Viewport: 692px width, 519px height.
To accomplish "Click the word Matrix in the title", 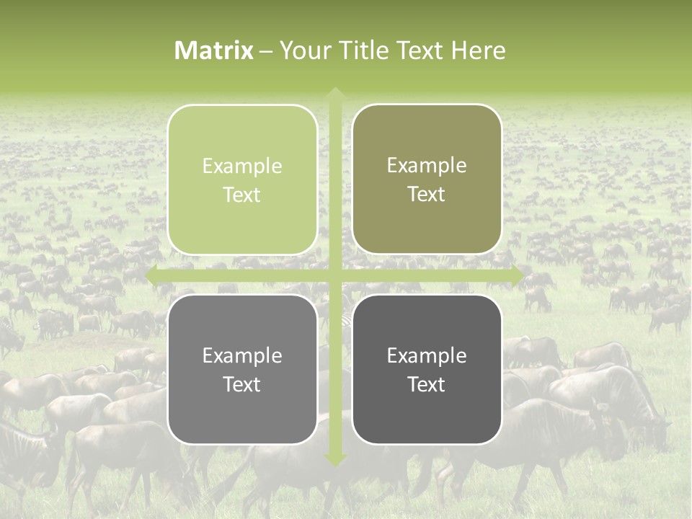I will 214,50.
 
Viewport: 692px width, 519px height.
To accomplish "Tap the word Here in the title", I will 479,50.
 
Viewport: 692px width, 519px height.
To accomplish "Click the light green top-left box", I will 242,179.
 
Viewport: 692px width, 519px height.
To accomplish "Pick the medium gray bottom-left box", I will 242,369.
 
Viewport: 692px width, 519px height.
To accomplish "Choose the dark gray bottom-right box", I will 427,369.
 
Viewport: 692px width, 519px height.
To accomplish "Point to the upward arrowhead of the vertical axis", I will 335,94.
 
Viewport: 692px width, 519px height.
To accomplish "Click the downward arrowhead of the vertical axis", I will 335,459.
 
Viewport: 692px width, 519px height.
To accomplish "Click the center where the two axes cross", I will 335,275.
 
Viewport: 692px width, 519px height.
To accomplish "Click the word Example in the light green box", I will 242,166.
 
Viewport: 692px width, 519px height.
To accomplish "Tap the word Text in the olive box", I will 427,194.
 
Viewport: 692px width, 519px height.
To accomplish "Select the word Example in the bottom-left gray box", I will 242,355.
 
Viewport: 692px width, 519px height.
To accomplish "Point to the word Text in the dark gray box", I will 427,384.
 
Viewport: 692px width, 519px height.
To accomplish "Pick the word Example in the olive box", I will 427,165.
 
